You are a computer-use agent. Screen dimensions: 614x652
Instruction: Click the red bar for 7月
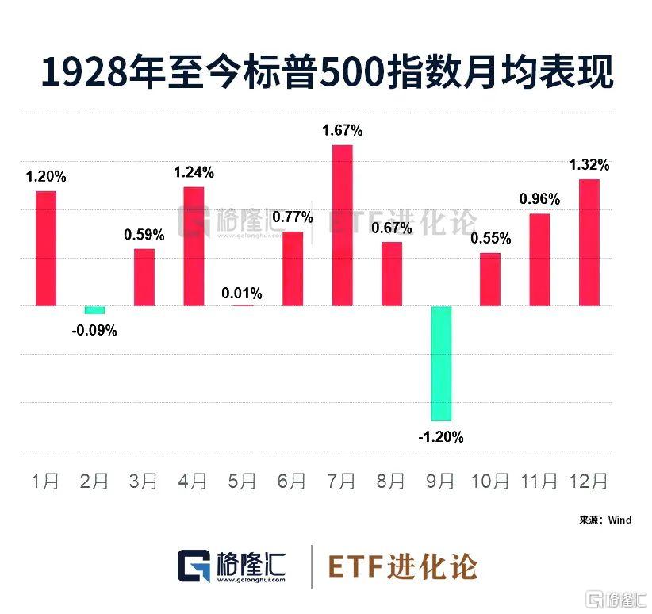tap(342, 225)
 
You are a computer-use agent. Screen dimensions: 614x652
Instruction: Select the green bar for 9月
tap(441, 363)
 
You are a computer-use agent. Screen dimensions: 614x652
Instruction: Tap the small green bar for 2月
tap(95, 309)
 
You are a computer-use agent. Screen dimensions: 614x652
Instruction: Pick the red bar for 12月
tap(589, 243)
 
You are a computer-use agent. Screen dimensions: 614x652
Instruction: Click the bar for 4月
tap(194, 246)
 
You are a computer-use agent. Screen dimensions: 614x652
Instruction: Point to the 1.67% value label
tap(342, 129)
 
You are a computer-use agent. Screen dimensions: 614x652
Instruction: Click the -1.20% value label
tap(442, 437)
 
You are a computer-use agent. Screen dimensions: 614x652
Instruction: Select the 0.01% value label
tap(242, 294)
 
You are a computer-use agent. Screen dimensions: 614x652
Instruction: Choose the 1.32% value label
tap(589, 165)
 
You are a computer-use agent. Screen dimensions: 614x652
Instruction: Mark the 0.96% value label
tap(539, 199)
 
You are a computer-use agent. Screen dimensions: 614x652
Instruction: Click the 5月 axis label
tap(243, 481)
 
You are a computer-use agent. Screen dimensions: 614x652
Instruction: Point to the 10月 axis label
tap(489, 481)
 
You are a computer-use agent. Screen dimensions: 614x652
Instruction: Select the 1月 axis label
tap(45, 481)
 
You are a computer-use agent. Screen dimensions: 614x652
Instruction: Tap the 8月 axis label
tap(391, 481)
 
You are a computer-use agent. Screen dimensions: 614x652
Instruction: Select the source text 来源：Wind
tap(605, 520)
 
